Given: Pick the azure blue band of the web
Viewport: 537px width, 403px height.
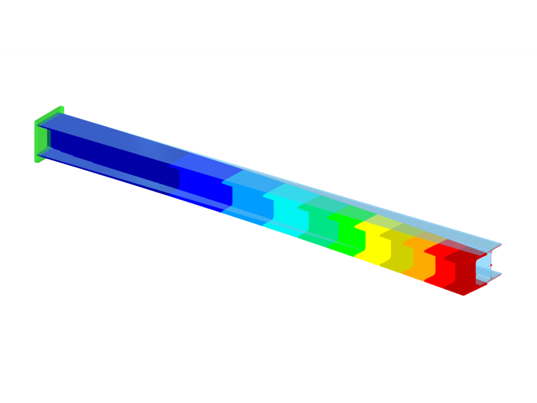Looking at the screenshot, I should coord(252,204).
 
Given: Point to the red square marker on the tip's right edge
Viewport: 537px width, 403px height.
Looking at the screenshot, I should coord(491,265).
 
